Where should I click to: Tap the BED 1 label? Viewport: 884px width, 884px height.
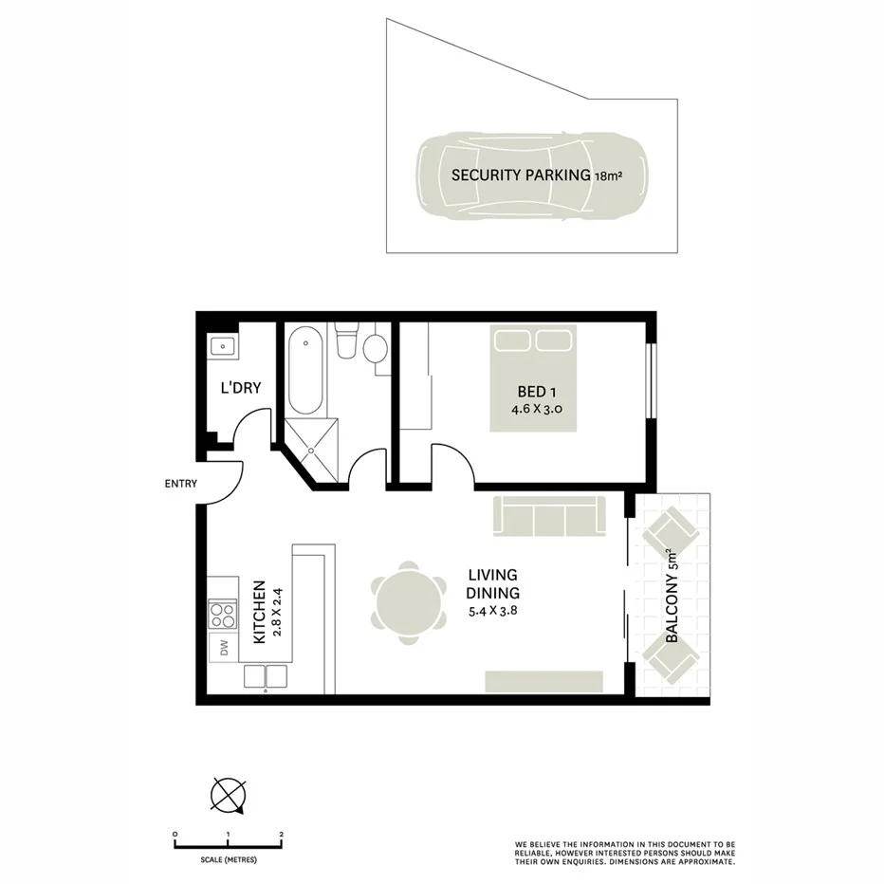532,392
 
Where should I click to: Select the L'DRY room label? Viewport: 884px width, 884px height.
240,387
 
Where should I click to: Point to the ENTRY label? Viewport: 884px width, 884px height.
180,484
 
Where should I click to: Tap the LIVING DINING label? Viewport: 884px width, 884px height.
491,583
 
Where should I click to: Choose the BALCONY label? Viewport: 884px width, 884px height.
672,598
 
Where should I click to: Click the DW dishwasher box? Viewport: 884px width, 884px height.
225,648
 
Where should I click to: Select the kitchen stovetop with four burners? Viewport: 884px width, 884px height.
223,615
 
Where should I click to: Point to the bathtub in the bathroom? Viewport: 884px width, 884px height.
305,371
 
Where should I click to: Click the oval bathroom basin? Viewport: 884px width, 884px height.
376,349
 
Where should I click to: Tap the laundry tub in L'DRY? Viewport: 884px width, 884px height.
223,345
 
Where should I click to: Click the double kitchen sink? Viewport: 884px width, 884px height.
266,676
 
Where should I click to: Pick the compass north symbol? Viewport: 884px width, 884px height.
229,795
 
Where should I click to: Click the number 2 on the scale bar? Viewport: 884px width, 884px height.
282,835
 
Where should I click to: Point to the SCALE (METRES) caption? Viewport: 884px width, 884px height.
229,859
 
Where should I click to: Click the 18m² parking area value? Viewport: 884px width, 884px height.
608,175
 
